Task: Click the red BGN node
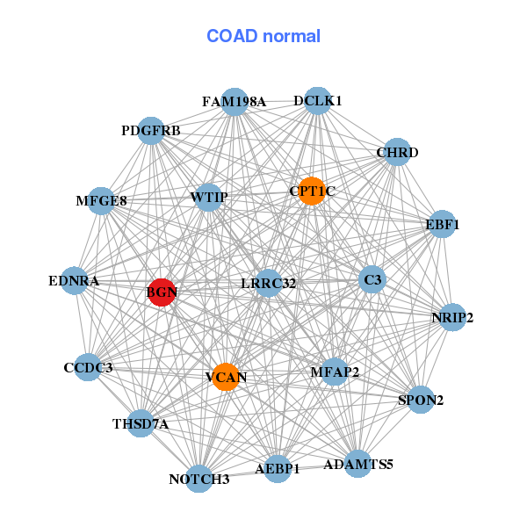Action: pyautogui.click(x=162, y=292)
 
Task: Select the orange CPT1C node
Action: pyautogui.click(x=312, y=191)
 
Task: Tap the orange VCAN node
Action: pyautogui.click(x=226, y=378)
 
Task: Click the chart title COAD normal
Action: pyautogui.click(x=263, y=37)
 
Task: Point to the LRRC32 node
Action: pyautogui.click(x=268, y=283)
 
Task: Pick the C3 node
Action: pyautogui.click(x=372, y=280)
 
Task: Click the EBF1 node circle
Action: pyautogui.click(x=441, y=225)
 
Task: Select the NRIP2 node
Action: pyautogui.click(x=451, y=317)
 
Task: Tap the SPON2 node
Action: pyautogui.click(x=422, y=400)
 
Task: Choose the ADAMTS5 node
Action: pyautogui.click(x=357, y=463)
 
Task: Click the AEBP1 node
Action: pyautogui.click(x=277, y=469)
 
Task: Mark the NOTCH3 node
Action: pyautogui.click(x=199, y=479)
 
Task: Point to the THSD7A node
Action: pyautogui.click(x=141, y=423)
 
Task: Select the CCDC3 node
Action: pyautogui.click(x=88, y=367)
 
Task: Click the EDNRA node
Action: pyautogui.click(x=75, y=281)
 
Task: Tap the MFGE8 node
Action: pyautogui.click(x=102, y=201)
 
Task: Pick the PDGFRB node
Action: pyautogui.click(x=151, y=131)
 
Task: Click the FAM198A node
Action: pyautogui.click(x=234, y=101)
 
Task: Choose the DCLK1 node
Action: pyautogui.click(x=317, y=101)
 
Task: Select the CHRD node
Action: pyautogui.click(x=397, y=152)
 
